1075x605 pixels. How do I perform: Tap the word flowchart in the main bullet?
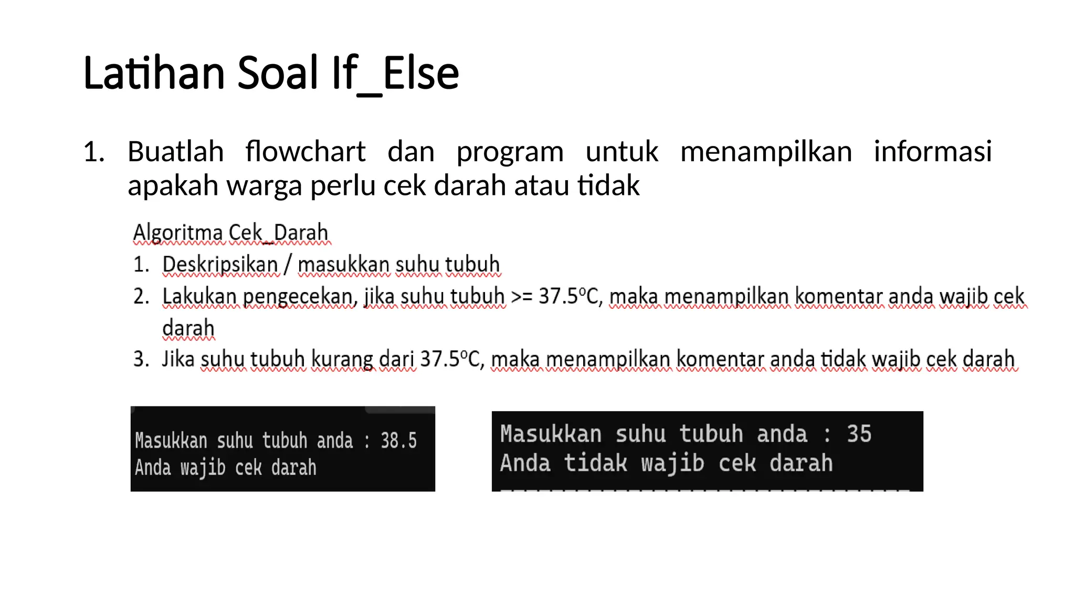coord(305,152)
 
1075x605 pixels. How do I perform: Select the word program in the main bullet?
coord(510,153)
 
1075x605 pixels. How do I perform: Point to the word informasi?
coord(932,152)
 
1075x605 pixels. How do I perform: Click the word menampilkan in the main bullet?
coord(766,153)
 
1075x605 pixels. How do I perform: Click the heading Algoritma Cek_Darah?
coord(231,233)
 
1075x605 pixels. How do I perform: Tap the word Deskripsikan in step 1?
coord(220,265)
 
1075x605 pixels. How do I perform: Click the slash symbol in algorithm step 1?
coord(287,264)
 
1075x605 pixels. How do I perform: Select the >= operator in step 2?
coord(521,297)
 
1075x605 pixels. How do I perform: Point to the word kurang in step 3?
coord(342,360)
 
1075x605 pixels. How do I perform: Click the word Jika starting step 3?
coord(178,359)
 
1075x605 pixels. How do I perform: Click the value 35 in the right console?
coord(859,434)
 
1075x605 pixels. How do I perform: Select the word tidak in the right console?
coord(595,463)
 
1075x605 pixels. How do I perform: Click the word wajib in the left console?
coord(203,467)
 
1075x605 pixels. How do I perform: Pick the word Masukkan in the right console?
coord(551,434)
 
